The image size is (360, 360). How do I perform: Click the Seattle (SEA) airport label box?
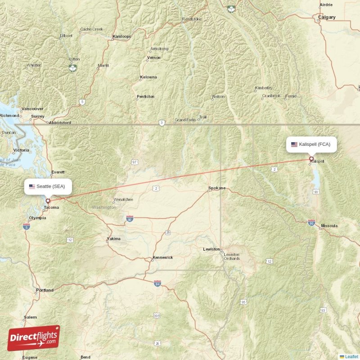click(x=48, y=186)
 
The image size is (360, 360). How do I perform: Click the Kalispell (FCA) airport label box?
click(x=311, y=144)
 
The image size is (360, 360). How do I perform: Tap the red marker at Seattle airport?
click(x=48, y=201)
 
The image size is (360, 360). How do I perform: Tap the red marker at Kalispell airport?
click(x=311, y=158)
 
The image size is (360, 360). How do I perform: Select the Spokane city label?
click(x=217, y=188)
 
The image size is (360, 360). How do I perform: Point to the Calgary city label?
click(x=327, y=17)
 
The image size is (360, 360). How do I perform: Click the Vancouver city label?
click(x=33, y=109)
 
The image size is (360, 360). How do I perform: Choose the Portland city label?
click(x=45, y=290)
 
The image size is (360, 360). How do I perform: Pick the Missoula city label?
click(x=329, y=226)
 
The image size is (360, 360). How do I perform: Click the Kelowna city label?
click(x=148, y=77)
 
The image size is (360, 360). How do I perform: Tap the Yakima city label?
click(x=113, y=239)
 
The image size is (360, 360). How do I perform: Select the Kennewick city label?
click(x=162, y=258)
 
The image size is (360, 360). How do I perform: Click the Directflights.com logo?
click(x=34, y=338)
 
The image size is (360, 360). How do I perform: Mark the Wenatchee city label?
click(x=123, y=199)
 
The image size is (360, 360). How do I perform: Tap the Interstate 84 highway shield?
click(x=157, y=284)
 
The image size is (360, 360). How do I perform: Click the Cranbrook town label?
click(x=271, y=96)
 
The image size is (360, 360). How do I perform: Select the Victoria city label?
click(x=21, y=150)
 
